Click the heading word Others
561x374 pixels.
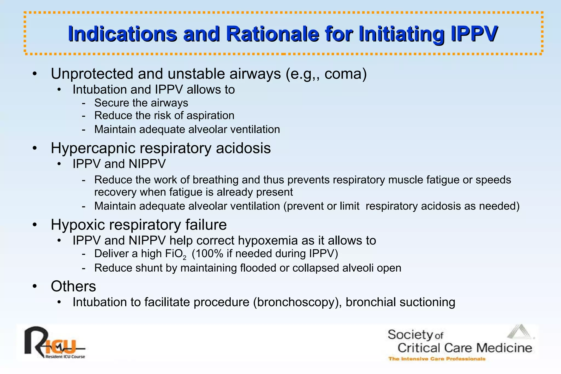tap(73, 286)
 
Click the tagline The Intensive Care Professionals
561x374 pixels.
tap(437, 359)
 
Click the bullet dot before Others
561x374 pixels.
tap(34, 287)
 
